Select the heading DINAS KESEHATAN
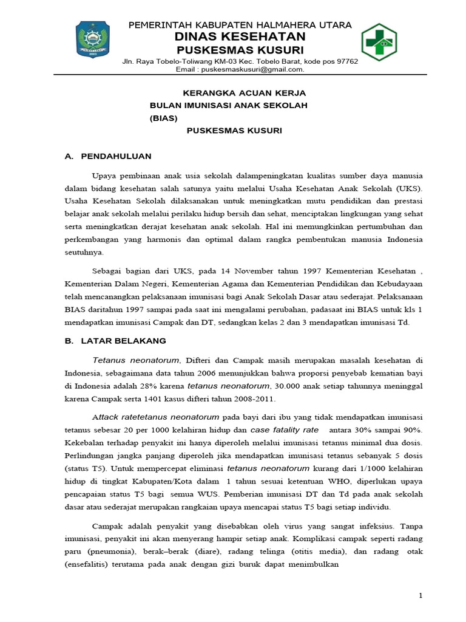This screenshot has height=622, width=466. click(x=238, y=36)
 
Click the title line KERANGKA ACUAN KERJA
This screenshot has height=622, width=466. click(x=245, y=93)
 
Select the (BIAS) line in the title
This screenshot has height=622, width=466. click(x=163, y=118)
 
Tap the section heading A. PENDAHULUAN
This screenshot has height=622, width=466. click(x=107, y=156)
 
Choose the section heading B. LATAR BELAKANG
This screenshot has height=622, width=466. click(x=115, y=341)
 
